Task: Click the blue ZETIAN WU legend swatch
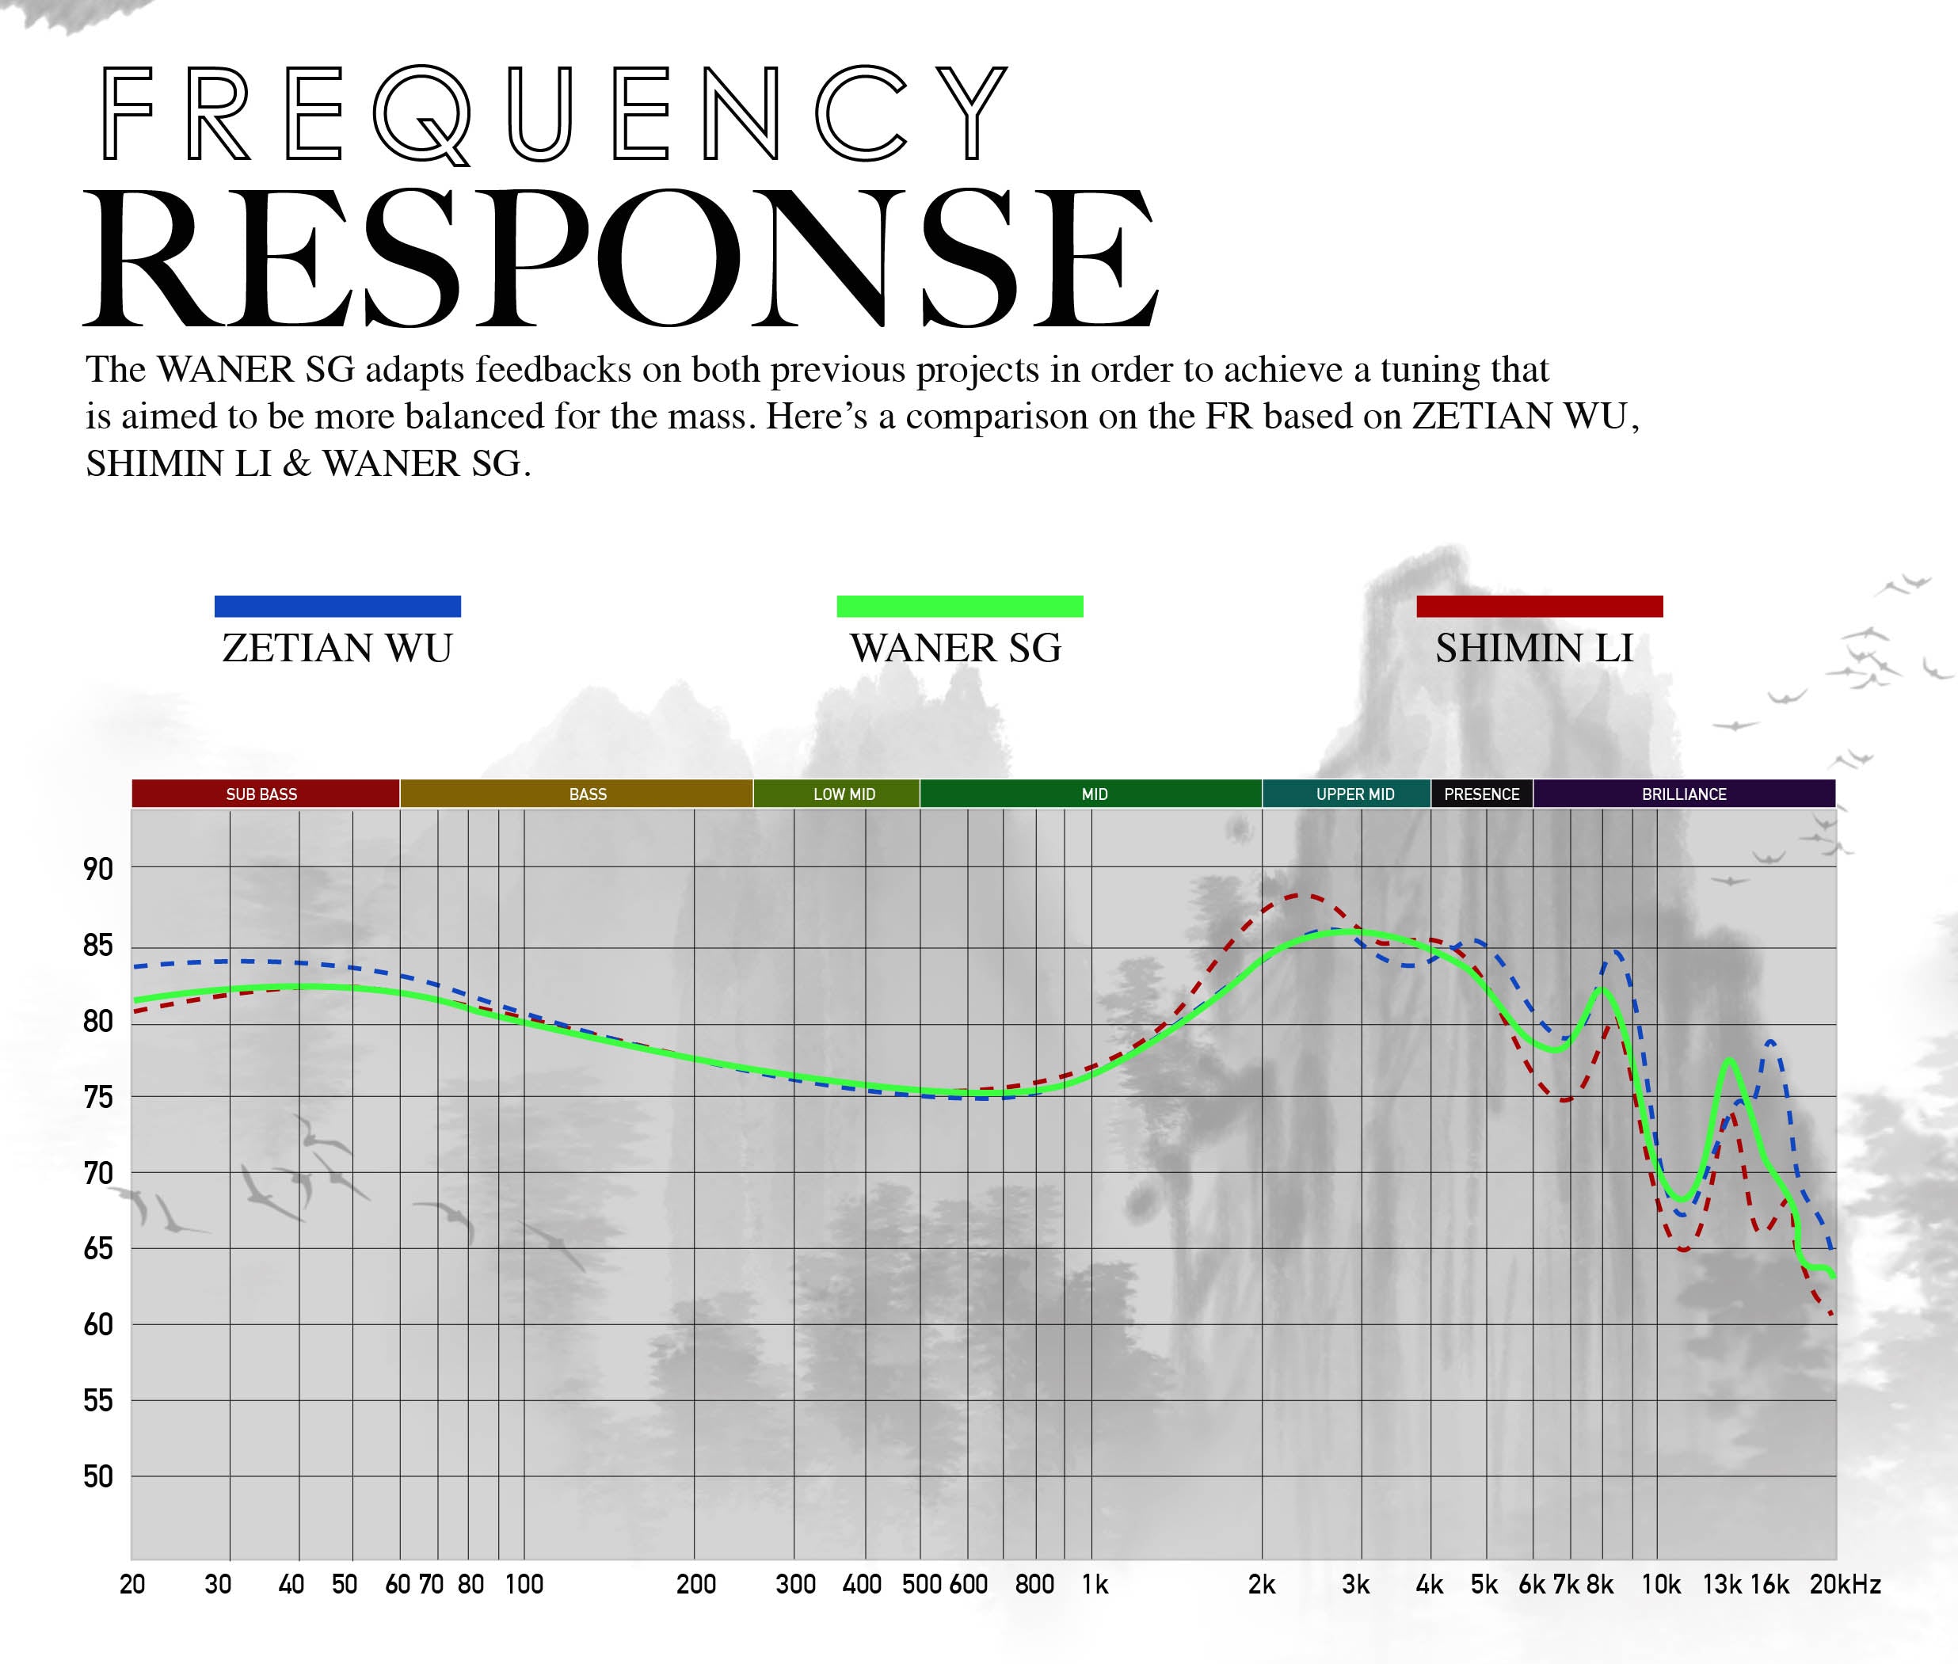337,607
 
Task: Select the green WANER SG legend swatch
960,607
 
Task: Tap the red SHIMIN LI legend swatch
1539,607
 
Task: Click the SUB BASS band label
261,794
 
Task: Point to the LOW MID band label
844,794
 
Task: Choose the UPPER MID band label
1355,794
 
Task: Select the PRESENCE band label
1482,794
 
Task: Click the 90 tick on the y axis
98,869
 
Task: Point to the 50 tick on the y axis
98,1476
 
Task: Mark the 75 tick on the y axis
98,1097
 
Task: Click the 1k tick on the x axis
1094,1585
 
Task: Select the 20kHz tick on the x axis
1845,1585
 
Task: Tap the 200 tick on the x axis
696,1585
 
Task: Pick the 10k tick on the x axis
1661,1585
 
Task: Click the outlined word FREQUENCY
554,113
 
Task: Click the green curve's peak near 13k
1730,1060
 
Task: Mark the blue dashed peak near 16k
1771,1041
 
